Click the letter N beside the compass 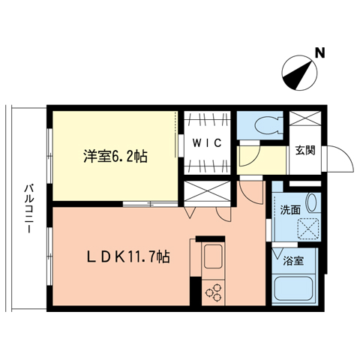pos(319,53)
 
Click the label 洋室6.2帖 pos(115,157)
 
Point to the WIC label pos(205,143)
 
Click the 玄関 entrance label pos(304,149)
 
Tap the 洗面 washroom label pos(290,211)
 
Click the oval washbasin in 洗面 pos(313,203)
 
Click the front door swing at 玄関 pos(338,158)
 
